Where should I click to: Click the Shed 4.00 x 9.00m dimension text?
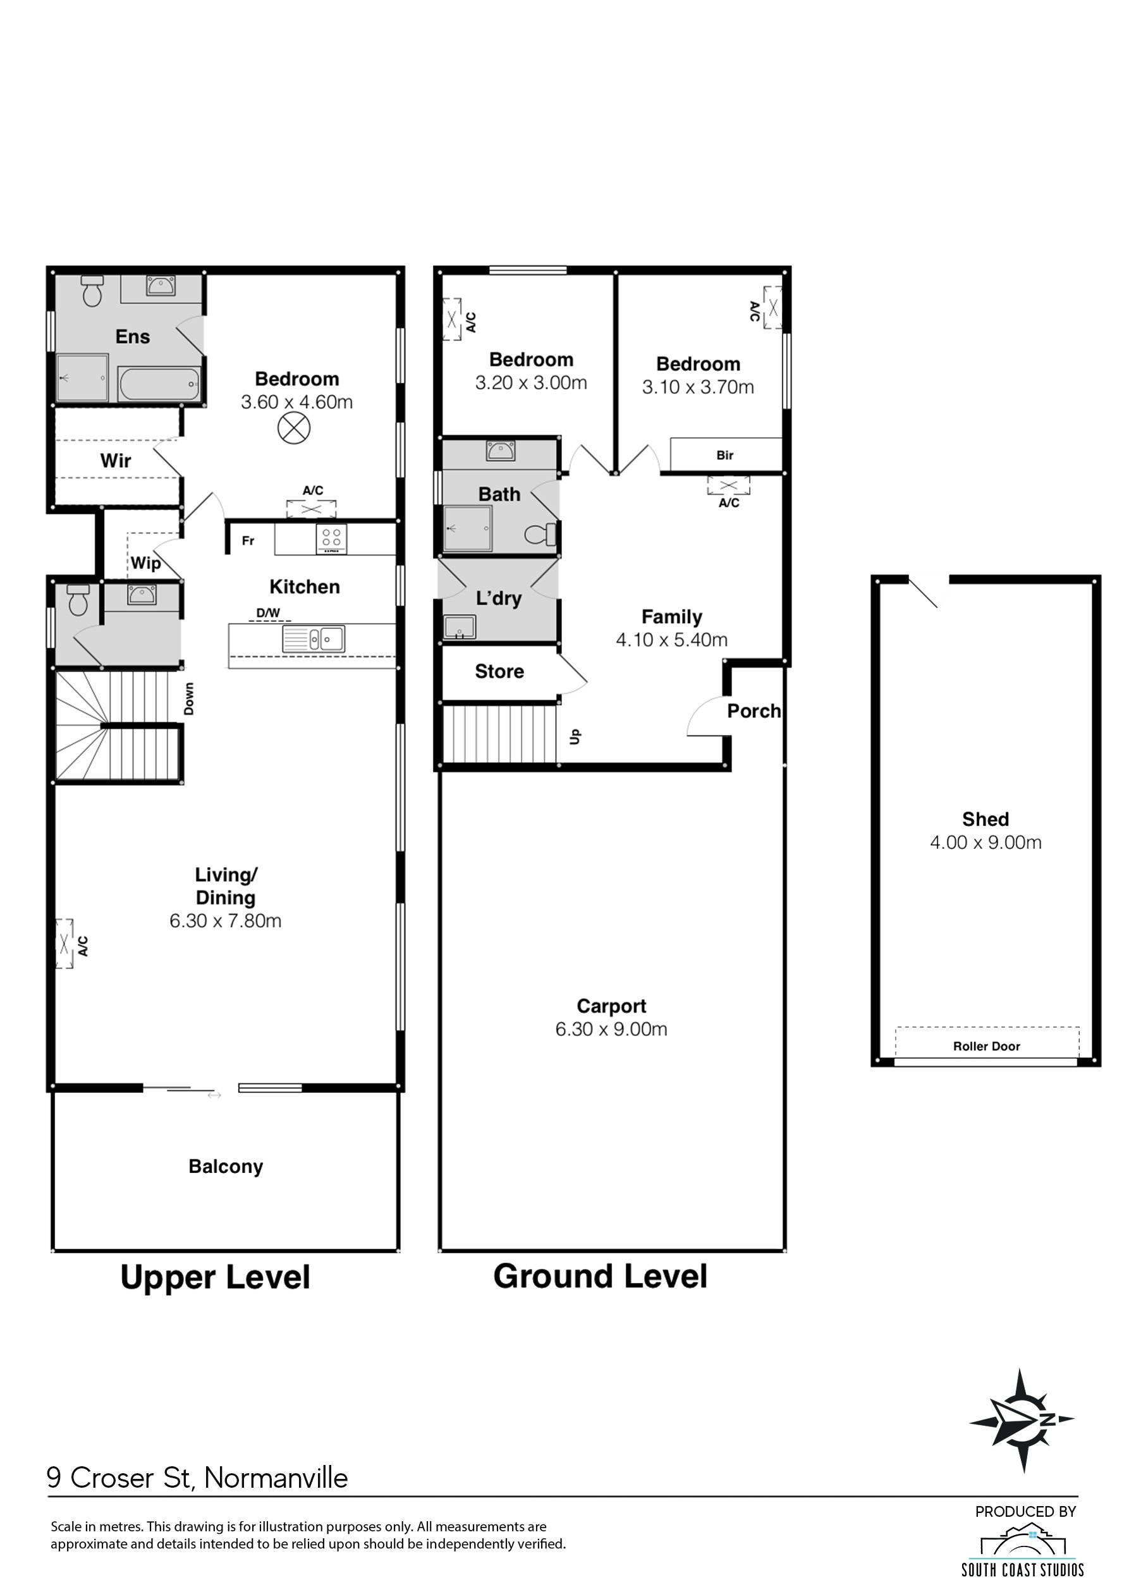(985, 842)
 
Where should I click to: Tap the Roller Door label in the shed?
(987, 1046)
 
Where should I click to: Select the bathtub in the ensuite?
(159, 384)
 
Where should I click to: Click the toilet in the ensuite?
(92, 291)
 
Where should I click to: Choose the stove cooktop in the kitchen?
(332, 538)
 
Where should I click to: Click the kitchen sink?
(314, 638)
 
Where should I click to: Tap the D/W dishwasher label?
(269, 612)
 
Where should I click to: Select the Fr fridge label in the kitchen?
(248, 540)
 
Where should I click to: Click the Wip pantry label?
(146, 563)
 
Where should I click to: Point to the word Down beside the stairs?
(189, 698)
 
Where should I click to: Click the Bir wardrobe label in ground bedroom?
(724, 455)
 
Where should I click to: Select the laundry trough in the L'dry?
(460, 627)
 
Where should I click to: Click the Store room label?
(499, 671)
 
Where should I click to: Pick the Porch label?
(754, 711)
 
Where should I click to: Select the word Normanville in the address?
(276, 1478)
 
